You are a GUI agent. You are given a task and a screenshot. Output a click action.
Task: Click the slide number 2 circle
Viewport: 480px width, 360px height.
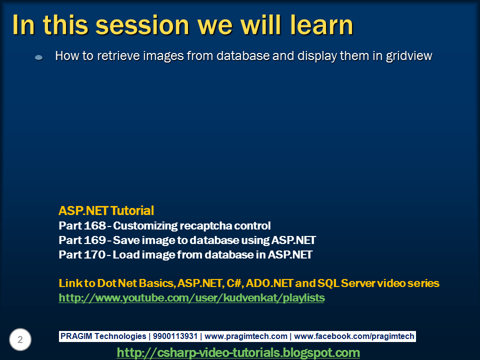(x=20, y=340)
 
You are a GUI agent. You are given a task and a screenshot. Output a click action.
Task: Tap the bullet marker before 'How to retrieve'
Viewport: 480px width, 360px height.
(x=39, y=57)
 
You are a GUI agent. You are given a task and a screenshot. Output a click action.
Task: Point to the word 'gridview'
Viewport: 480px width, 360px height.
(x=408, y=56)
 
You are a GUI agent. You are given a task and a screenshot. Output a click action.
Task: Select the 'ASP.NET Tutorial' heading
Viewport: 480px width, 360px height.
(x=106, y=210)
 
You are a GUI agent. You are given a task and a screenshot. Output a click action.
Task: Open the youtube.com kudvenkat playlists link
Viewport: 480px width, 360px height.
(x=191, y=298)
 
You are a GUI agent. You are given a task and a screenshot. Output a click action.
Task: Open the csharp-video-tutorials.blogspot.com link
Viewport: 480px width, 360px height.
(x=238, y=352)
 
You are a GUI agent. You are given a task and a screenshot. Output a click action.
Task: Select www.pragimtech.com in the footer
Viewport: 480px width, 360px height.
(x=246, y=336)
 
